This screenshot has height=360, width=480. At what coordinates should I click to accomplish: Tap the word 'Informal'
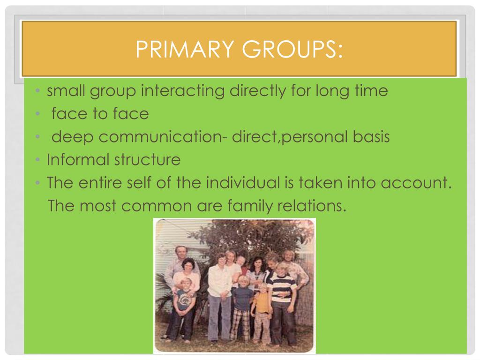[78, 160]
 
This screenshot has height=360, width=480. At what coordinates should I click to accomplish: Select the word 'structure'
[147, 160]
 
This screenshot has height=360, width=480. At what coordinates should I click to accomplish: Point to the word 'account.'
[416, 183]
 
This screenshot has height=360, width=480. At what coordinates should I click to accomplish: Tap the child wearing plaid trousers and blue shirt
[242, 307]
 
